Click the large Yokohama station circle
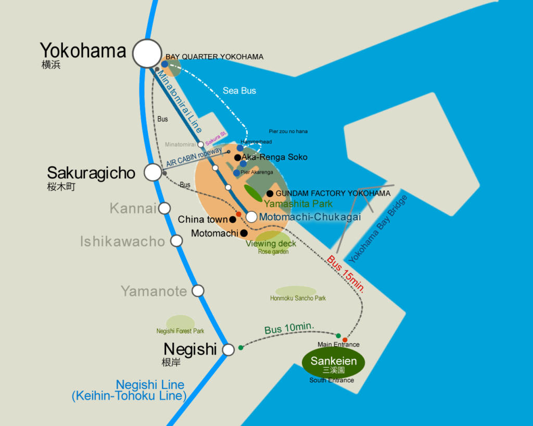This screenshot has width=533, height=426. pos(147,53)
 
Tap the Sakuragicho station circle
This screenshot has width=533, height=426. pos(153,172)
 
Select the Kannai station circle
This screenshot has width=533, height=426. pos(164,209)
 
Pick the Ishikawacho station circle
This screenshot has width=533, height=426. pos(177,241)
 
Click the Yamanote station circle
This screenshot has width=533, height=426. pos(198,291)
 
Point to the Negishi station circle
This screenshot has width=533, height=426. pos(229,350)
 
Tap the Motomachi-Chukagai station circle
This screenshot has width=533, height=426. pos(251,217)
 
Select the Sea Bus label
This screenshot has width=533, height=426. pos(239,91)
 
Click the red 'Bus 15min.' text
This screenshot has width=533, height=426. pos(346,275)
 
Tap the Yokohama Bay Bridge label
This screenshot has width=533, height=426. pos(378,228)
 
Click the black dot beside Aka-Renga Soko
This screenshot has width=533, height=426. pos(237,157)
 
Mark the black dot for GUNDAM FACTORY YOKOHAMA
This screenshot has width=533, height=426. pos(270,193)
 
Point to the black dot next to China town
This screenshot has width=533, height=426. pos(233,220)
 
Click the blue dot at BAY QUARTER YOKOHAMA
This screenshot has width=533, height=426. pos(164,64)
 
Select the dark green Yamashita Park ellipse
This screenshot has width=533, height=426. pos(253,193)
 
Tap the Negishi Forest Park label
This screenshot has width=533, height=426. pos(180,331)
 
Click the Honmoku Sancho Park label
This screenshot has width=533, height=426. pos(298,298)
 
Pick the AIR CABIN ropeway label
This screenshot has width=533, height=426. pos(194,157)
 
